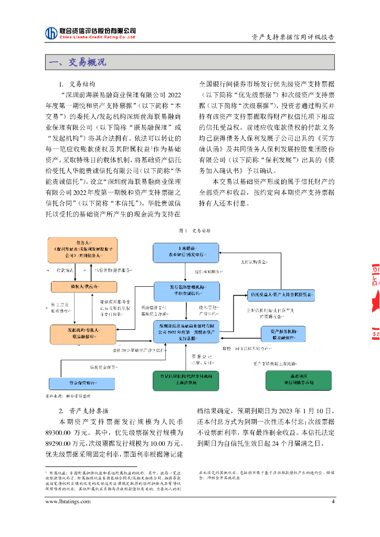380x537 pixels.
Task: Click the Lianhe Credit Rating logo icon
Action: coord(51,33)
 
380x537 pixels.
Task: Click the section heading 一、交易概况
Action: coord(77,62)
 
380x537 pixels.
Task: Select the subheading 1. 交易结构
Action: coord(77,84)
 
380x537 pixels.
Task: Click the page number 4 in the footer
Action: coord(332,501)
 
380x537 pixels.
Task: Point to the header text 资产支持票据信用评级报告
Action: coord(293,37)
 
